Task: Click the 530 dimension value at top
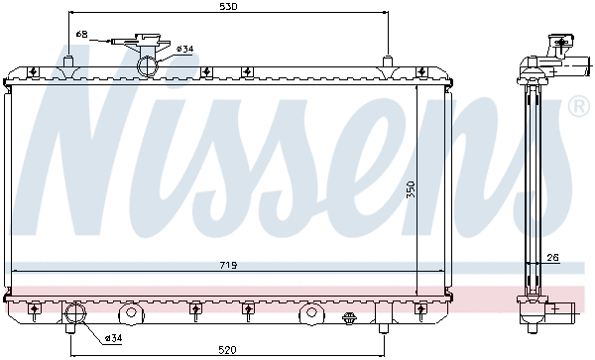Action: [228, 6]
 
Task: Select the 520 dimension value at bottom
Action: [228, 349]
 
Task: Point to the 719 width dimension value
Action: [228, 265]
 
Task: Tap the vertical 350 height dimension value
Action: [411, 189]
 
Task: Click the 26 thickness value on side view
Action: [553, 258]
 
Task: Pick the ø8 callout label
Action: [82, 34]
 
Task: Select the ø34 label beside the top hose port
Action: [185, 49]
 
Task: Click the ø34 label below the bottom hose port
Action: [113, 337]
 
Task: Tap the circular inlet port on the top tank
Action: [148, 65]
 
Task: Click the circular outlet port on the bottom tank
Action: [76, 312]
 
